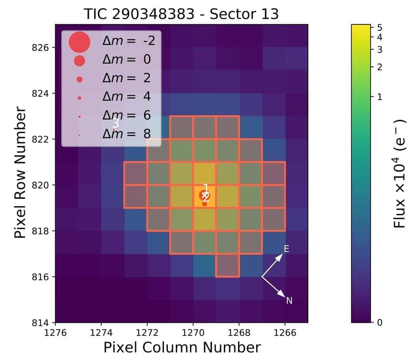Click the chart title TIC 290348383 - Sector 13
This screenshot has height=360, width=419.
[181, 14]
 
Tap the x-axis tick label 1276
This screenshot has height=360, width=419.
[56, 333]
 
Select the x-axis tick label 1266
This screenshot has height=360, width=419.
[285, 333]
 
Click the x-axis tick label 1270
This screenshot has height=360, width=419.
[193, 333]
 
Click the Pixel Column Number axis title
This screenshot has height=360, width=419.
[182, 347]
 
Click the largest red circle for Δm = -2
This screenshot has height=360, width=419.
[79, 42]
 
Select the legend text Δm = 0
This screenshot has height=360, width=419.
[126, 60]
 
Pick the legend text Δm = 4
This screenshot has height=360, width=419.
[126, 97]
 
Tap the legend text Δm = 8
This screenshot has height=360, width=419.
[126, 134]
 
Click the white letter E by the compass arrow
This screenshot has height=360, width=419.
[286, 249]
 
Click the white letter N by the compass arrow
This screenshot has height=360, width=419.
[289, 301]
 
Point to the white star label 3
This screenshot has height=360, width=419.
[116, 124]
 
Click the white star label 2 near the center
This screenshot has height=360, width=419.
[206, 198]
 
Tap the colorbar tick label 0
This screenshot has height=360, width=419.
[380, 323]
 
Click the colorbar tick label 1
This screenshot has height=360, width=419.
[380, 97]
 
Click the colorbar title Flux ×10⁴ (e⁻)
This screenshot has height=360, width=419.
[400, 173]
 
